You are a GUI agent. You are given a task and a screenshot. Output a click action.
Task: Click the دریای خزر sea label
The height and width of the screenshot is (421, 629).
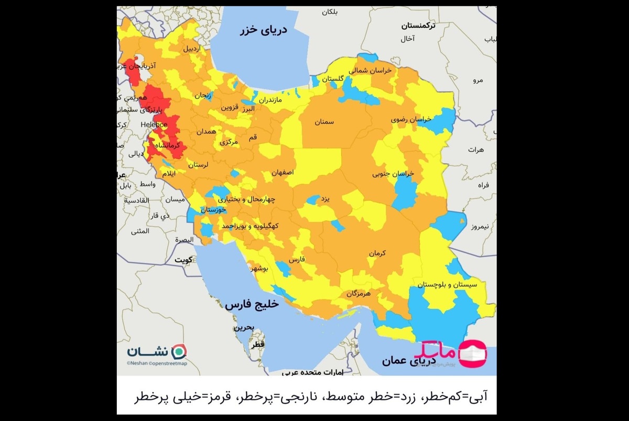pyautogui.click(x=264, y=31)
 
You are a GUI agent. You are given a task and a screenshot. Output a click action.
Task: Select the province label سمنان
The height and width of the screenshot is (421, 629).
pyautogui.click(x=324, y=122)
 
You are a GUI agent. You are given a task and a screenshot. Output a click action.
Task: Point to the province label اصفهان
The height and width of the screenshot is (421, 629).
pyautogui.click(x=283, y=172)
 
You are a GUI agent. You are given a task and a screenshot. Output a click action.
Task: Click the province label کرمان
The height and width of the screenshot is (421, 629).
pyautogui.click(x=377, y=253)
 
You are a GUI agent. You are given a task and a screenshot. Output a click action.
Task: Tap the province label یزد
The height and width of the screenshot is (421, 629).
pyautogui.click(x=325, y=200)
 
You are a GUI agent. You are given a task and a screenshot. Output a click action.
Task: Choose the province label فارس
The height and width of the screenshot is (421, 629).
pyautogui.click(x=297, y=260)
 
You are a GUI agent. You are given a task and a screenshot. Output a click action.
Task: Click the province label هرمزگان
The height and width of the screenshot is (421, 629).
pyautogui.click(x=359, y=294)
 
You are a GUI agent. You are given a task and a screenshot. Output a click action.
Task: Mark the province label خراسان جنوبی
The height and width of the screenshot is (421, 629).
pyautogui.click(x=393, y=173)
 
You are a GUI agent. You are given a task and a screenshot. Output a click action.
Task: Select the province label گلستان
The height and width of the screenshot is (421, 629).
pyautogui.click(x=333, y=79)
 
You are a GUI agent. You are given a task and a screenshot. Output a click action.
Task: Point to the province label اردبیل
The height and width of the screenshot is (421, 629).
pyautogui.click(x=191, y=49)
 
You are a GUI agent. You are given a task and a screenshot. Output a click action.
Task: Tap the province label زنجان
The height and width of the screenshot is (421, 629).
pyautogui.click(x=203, y=96)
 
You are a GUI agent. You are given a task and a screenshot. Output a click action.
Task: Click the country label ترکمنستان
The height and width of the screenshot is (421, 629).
pyautogui.click(x=419, y=25)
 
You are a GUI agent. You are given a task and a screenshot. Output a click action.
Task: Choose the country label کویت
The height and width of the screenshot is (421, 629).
pyautogui.click(x=183, y=260)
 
